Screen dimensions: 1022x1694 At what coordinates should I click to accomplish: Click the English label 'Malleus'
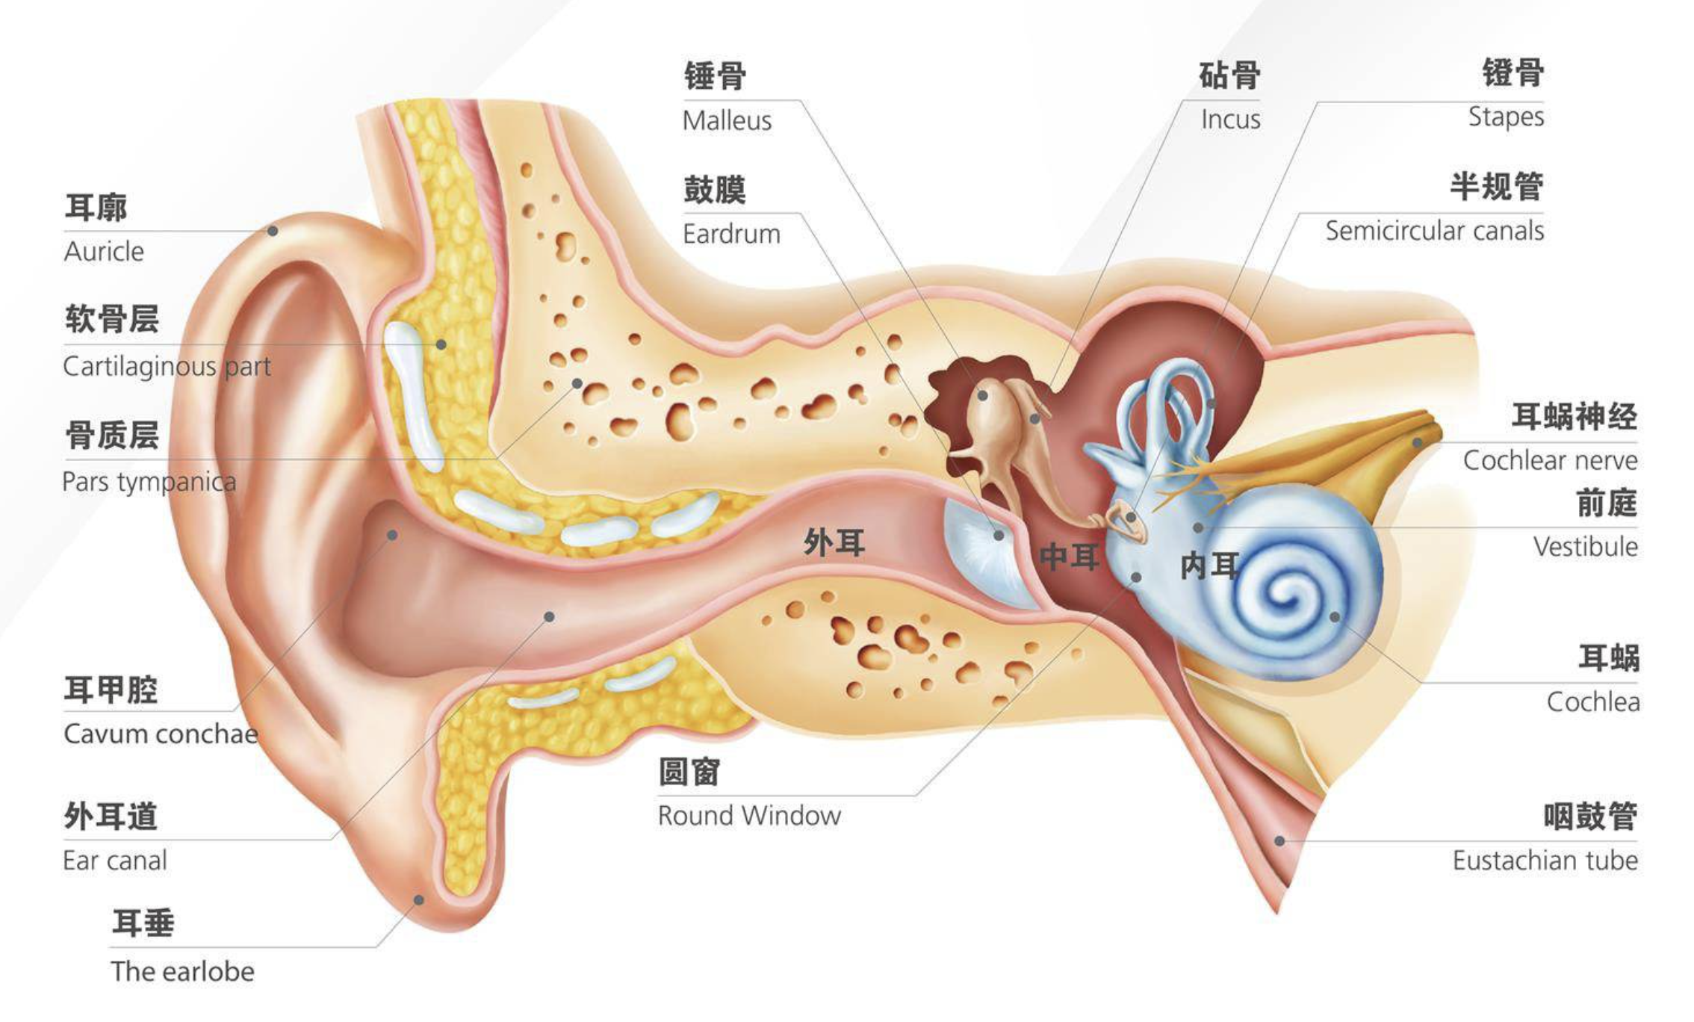click(727, 120)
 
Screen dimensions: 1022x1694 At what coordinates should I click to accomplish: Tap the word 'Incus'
click(1230, 120)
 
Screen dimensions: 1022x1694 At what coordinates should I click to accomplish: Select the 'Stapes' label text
click(1505, 117)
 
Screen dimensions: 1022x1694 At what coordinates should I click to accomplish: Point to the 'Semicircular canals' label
click(1434, 231)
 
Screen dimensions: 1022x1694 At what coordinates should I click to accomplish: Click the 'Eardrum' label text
click(731, 234)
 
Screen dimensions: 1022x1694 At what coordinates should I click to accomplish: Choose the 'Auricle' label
click(104, 252)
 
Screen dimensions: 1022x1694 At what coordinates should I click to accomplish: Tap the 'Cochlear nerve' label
click(1550, 460)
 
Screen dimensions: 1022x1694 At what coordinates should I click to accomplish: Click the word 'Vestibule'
click(1585, 547)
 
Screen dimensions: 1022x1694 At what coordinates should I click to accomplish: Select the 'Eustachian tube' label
click(1545, 861)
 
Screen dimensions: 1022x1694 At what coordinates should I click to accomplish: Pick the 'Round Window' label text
click(749, 815)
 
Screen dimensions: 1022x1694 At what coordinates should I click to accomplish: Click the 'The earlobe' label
click(182, 971)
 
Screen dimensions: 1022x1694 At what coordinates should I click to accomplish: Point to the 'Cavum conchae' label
click(161, 734)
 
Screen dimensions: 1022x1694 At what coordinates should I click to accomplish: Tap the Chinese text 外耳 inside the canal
click(834, 542)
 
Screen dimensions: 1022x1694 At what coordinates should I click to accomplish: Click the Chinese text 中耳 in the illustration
click(1070, 557)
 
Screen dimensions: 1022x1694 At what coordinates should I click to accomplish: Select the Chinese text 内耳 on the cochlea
click(1210, 566)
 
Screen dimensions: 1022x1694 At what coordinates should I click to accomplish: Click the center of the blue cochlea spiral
click(1286, 598)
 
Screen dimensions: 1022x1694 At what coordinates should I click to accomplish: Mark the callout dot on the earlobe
click(419, 899)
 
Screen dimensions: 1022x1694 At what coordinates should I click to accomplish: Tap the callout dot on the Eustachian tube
click(1279, 841)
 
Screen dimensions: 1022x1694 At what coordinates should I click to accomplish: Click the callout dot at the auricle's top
click(273, 231)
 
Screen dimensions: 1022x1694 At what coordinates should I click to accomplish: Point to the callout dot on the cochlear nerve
click(1417, 443)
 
